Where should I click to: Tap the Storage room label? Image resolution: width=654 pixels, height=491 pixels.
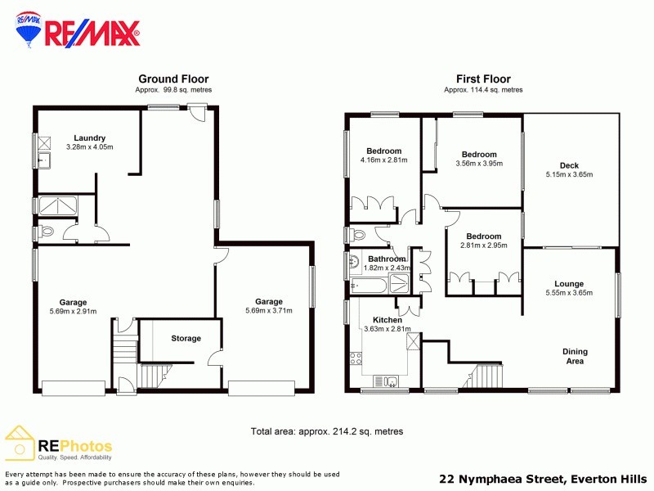point(186,338)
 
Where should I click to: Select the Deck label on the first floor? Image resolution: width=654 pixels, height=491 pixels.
point(569,165)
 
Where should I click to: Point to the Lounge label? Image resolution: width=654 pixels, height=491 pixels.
point(569,283)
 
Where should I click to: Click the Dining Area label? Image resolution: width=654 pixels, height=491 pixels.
point(575,356)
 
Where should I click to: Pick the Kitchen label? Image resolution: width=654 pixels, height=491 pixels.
point(387,319)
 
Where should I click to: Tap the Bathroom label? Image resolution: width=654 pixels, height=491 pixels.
point(387,259)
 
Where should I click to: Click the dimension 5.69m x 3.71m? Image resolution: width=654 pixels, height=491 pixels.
point(268,311)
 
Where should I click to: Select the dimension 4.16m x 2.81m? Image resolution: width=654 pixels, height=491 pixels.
point(383,160)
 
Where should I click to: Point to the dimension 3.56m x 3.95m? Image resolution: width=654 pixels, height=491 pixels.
point(478,164)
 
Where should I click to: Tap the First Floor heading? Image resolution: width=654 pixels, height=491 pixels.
point(483,79)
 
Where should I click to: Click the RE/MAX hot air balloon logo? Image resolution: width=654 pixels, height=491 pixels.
point(29,29)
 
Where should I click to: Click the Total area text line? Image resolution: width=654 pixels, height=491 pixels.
point(326,431)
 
